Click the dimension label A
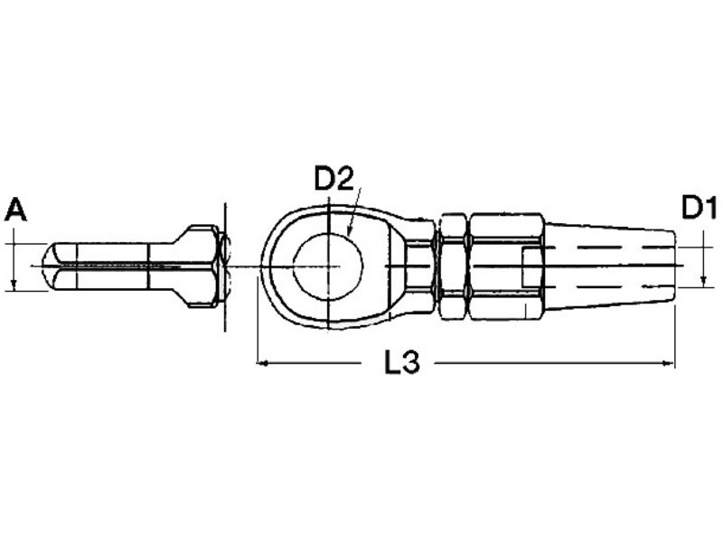(x=15, y=210)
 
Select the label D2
(x=333, y=179)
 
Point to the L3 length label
(x=402, y=362)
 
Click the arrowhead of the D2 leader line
(x=349, y=232)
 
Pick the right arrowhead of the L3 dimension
(x=668, y=363)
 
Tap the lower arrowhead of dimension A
(x=14, y=285)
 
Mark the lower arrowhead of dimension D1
(x=704, y=281)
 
